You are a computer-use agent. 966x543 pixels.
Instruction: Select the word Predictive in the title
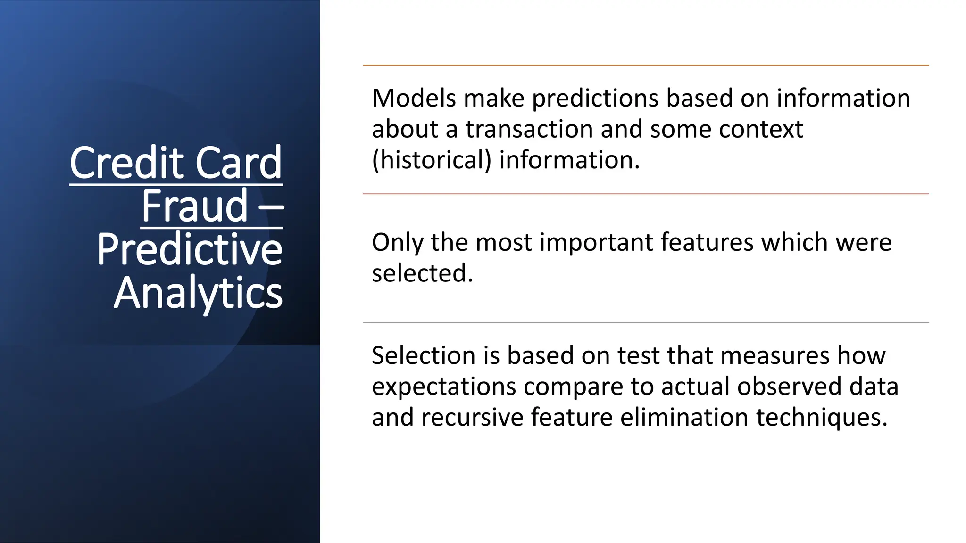point(190,249)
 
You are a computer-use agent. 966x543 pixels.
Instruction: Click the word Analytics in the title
point(198,293)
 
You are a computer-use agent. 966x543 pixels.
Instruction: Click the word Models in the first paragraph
point(414,99)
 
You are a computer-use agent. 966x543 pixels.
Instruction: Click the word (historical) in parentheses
point(432,160)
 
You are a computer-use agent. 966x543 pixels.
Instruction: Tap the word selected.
point(422,273)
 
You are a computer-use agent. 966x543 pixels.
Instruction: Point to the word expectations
point(444,387)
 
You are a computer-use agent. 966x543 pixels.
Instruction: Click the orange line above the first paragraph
point(645,65)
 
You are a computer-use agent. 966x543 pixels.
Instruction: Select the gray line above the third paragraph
point(645,322)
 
